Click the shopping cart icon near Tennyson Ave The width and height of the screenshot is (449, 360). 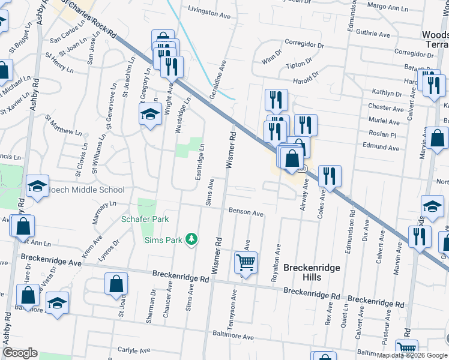click(x=246, y=262)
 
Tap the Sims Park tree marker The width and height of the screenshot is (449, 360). click(x=191, y=240)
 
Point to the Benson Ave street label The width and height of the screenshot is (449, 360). click(x=246, y=212)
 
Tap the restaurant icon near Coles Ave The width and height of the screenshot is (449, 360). click(x=330, y=176)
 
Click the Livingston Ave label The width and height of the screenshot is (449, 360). click(x=209, y=11)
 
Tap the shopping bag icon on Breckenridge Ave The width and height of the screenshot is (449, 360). click(x=116, y=284)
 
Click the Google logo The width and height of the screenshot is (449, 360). click(x=20, y=353)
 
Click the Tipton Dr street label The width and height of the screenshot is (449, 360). click(x=300, y=64)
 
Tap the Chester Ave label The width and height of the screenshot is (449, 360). click(x=385, y=108)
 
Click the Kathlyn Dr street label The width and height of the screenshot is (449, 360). click(x=387, y=94)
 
